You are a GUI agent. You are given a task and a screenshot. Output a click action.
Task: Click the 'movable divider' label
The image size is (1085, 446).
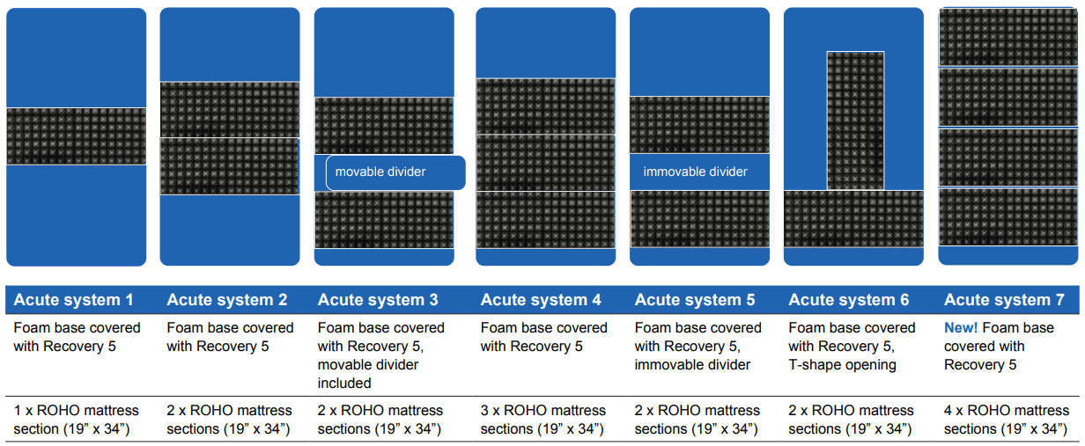tap(380, 172)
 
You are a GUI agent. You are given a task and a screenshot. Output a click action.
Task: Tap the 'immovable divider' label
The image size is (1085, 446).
tap(695, 172)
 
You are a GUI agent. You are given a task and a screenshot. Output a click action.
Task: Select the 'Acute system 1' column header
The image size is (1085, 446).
tap(74, 300)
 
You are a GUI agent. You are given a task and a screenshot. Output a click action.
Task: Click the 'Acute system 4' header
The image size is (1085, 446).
tap(541, 300)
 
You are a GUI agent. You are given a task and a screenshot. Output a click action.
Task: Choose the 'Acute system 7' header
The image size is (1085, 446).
tap(1004, 300)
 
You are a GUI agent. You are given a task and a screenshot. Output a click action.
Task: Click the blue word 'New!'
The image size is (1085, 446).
tap(961, 328)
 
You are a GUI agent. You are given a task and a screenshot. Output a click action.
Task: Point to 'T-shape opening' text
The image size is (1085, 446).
tap(842, 365)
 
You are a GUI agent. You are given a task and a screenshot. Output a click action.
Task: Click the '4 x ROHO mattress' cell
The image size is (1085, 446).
tap(1006, 420)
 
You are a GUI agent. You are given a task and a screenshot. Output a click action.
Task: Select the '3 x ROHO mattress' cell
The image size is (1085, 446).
tap(543, 420)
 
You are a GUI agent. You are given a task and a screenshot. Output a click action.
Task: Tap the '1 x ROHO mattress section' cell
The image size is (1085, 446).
tap(76, 420)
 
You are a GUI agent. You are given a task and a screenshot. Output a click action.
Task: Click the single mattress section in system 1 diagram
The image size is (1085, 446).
tap(76, 136)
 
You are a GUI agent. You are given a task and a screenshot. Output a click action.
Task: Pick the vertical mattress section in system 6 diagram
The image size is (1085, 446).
tap(855, 121)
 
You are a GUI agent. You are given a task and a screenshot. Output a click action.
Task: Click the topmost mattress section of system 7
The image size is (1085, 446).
tap(1008, 37)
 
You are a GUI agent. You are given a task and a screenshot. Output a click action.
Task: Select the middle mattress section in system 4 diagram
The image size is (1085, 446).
tap(545, 163)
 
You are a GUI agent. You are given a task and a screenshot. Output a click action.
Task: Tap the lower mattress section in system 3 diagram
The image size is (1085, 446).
tap(384, 220)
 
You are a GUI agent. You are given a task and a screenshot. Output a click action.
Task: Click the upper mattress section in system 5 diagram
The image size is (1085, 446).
tap(699, 125)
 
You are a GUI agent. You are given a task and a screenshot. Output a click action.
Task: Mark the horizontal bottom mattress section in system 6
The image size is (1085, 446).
tap(853, 219)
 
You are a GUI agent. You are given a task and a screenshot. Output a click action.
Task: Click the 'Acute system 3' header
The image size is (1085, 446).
tap(378, 300)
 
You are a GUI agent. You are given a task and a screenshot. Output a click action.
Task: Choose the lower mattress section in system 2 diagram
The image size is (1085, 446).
tap(230, 166)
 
